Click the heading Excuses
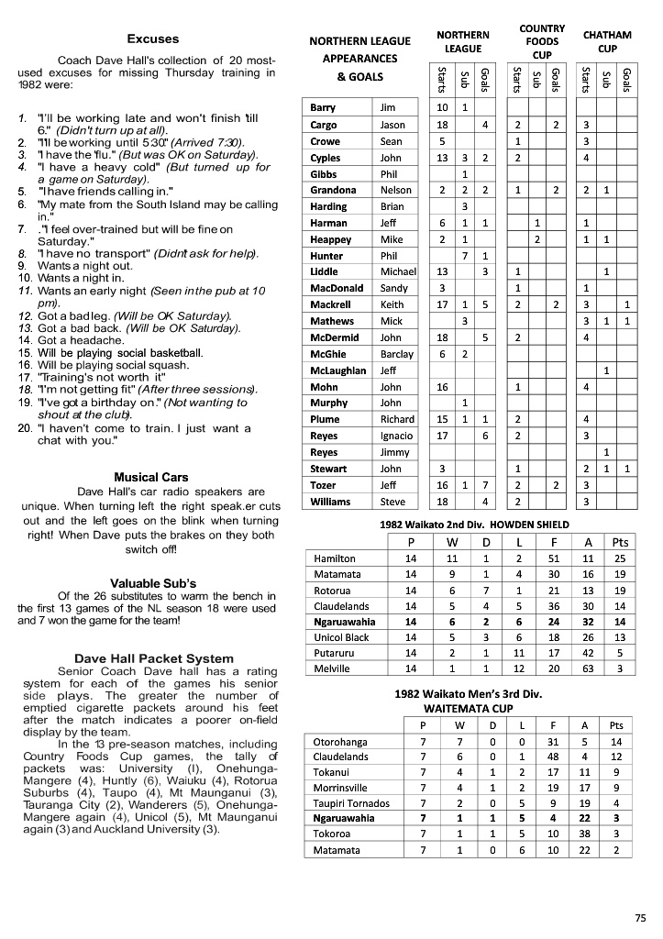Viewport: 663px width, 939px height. pos(153,39)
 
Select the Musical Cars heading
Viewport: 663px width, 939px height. pos(150,477)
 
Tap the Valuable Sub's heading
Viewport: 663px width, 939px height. pos(153,583)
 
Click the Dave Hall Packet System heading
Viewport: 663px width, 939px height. pos(153,657)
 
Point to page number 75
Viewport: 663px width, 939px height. pos(640,917)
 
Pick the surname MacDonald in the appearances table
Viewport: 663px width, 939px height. pos(336,288)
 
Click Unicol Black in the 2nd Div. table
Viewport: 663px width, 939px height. pos(341,636)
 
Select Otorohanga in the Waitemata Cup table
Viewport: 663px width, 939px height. pos(341,741)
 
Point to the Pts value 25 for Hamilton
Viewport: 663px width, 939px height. pos(619,558)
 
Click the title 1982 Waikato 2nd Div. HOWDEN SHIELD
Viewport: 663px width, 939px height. pos(474,525)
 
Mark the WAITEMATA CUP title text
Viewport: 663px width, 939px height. pos(469,709)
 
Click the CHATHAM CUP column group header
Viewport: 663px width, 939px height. pos(607,41)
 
